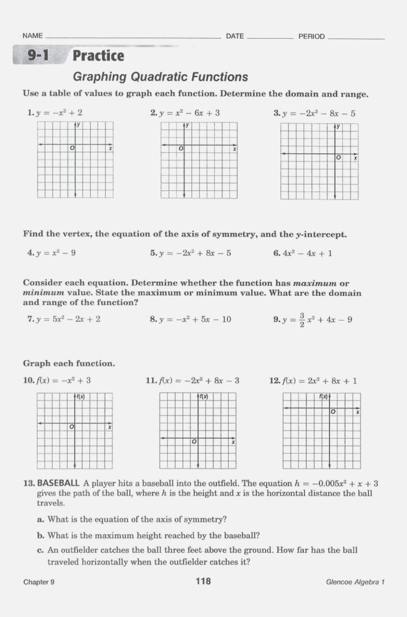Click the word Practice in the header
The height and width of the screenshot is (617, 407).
pos(98,56)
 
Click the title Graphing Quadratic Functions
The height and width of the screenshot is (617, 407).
pos(160,77)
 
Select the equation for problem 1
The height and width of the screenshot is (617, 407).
pos(59,113)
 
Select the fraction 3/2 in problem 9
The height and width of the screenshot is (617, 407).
pos(302,320)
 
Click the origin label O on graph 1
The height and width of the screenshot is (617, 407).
pos(72,149)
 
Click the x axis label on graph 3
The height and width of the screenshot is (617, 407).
pos(355,159)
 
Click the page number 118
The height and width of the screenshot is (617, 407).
pos(203,582)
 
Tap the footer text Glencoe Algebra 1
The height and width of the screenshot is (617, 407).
pos(356,582)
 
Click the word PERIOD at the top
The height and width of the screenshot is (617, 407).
pos(311,36)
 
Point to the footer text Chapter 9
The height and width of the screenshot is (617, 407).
pos(39,582)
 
